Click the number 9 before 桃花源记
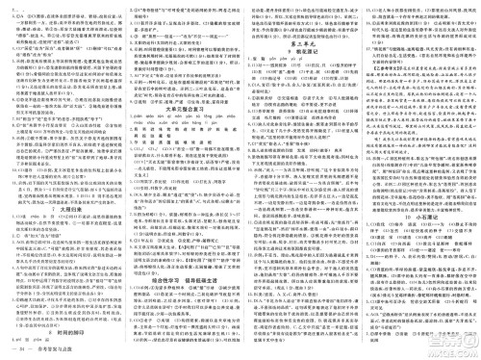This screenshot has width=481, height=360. tap(284, 55)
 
